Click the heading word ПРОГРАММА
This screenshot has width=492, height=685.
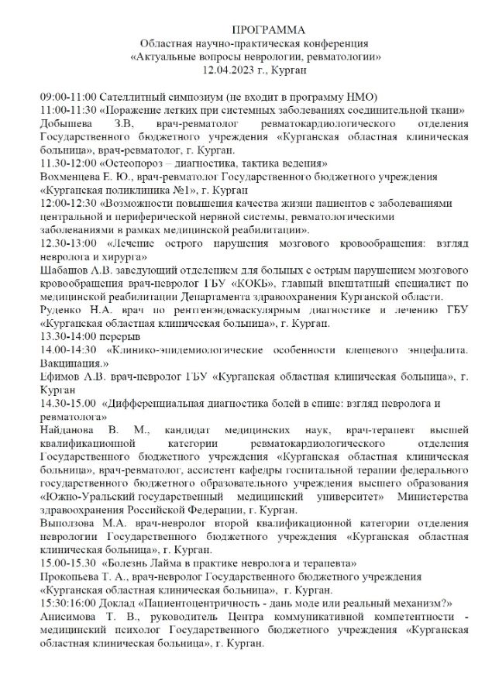tap(246, 29)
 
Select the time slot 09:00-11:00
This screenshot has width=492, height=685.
tap(68, 97)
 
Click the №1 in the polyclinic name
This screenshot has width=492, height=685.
tap(177, 190)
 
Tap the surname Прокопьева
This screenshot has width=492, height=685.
tap(73, 577)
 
